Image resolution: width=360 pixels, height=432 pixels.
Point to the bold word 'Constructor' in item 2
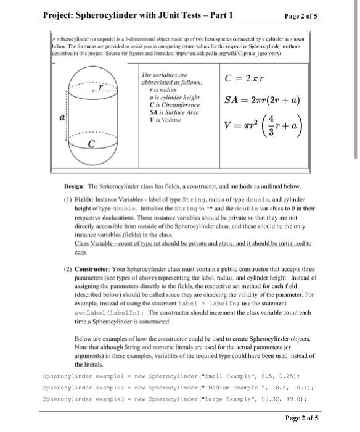(94, 271)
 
